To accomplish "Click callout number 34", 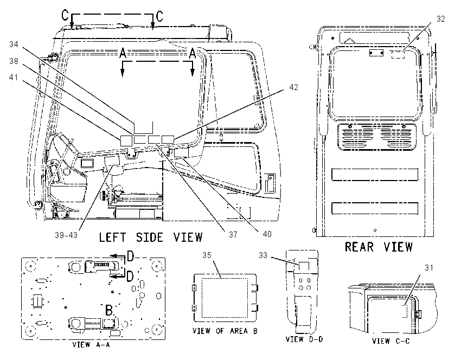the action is (x=14, y=44).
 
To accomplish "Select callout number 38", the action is (x=14, y=61).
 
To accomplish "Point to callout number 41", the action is (x=14, y=78).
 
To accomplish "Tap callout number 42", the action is (x=293, y=87).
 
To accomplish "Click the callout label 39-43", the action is (x=66, y=235).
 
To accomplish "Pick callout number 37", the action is (x=233, y=235).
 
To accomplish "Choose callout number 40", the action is (x=267, y=234).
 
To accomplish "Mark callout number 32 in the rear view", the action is (x=441, y=19).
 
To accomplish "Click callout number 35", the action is (x=207, y=255).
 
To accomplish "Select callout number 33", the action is (x=263, y=255).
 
